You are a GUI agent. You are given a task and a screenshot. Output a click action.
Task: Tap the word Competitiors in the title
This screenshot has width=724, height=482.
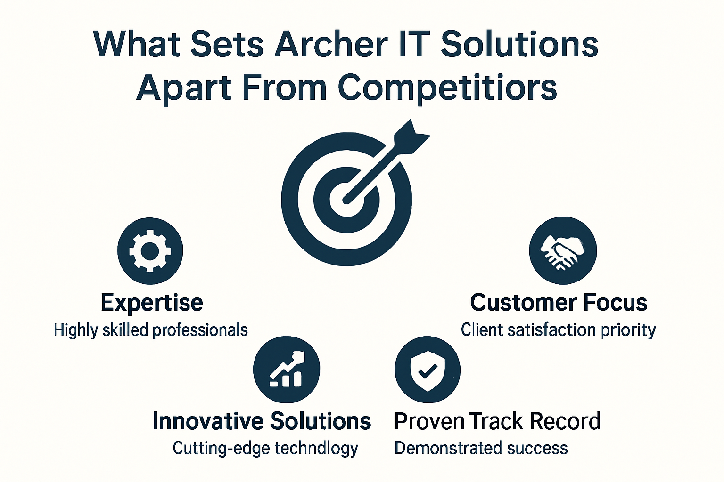point(447,88)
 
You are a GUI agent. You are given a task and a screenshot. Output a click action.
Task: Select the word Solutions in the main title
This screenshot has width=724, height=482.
point(519,44)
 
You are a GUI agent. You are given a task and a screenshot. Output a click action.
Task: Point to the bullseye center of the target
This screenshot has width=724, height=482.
point(346,199)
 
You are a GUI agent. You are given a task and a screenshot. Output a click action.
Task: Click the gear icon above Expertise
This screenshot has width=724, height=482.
point(150,251)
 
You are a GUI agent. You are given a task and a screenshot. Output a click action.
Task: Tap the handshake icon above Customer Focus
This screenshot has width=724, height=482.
point(563,250)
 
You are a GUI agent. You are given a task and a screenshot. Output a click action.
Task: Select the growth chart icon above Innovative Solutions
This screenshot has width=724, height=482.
point(287,370)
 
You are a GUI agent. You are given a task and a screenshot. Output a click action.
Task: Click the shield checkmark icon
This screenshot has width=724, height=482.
point(428,370)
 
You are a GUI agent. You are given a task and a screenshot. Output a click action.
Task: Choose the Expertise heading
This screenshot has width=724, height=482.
point(152,303)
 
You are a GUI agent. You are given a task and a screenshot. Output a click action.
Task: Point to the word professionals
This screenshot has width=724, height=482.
point(200,330)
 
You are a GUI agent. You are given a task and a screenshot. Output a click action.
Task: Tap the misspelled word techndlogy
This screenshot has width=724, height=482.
point(316,449)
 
